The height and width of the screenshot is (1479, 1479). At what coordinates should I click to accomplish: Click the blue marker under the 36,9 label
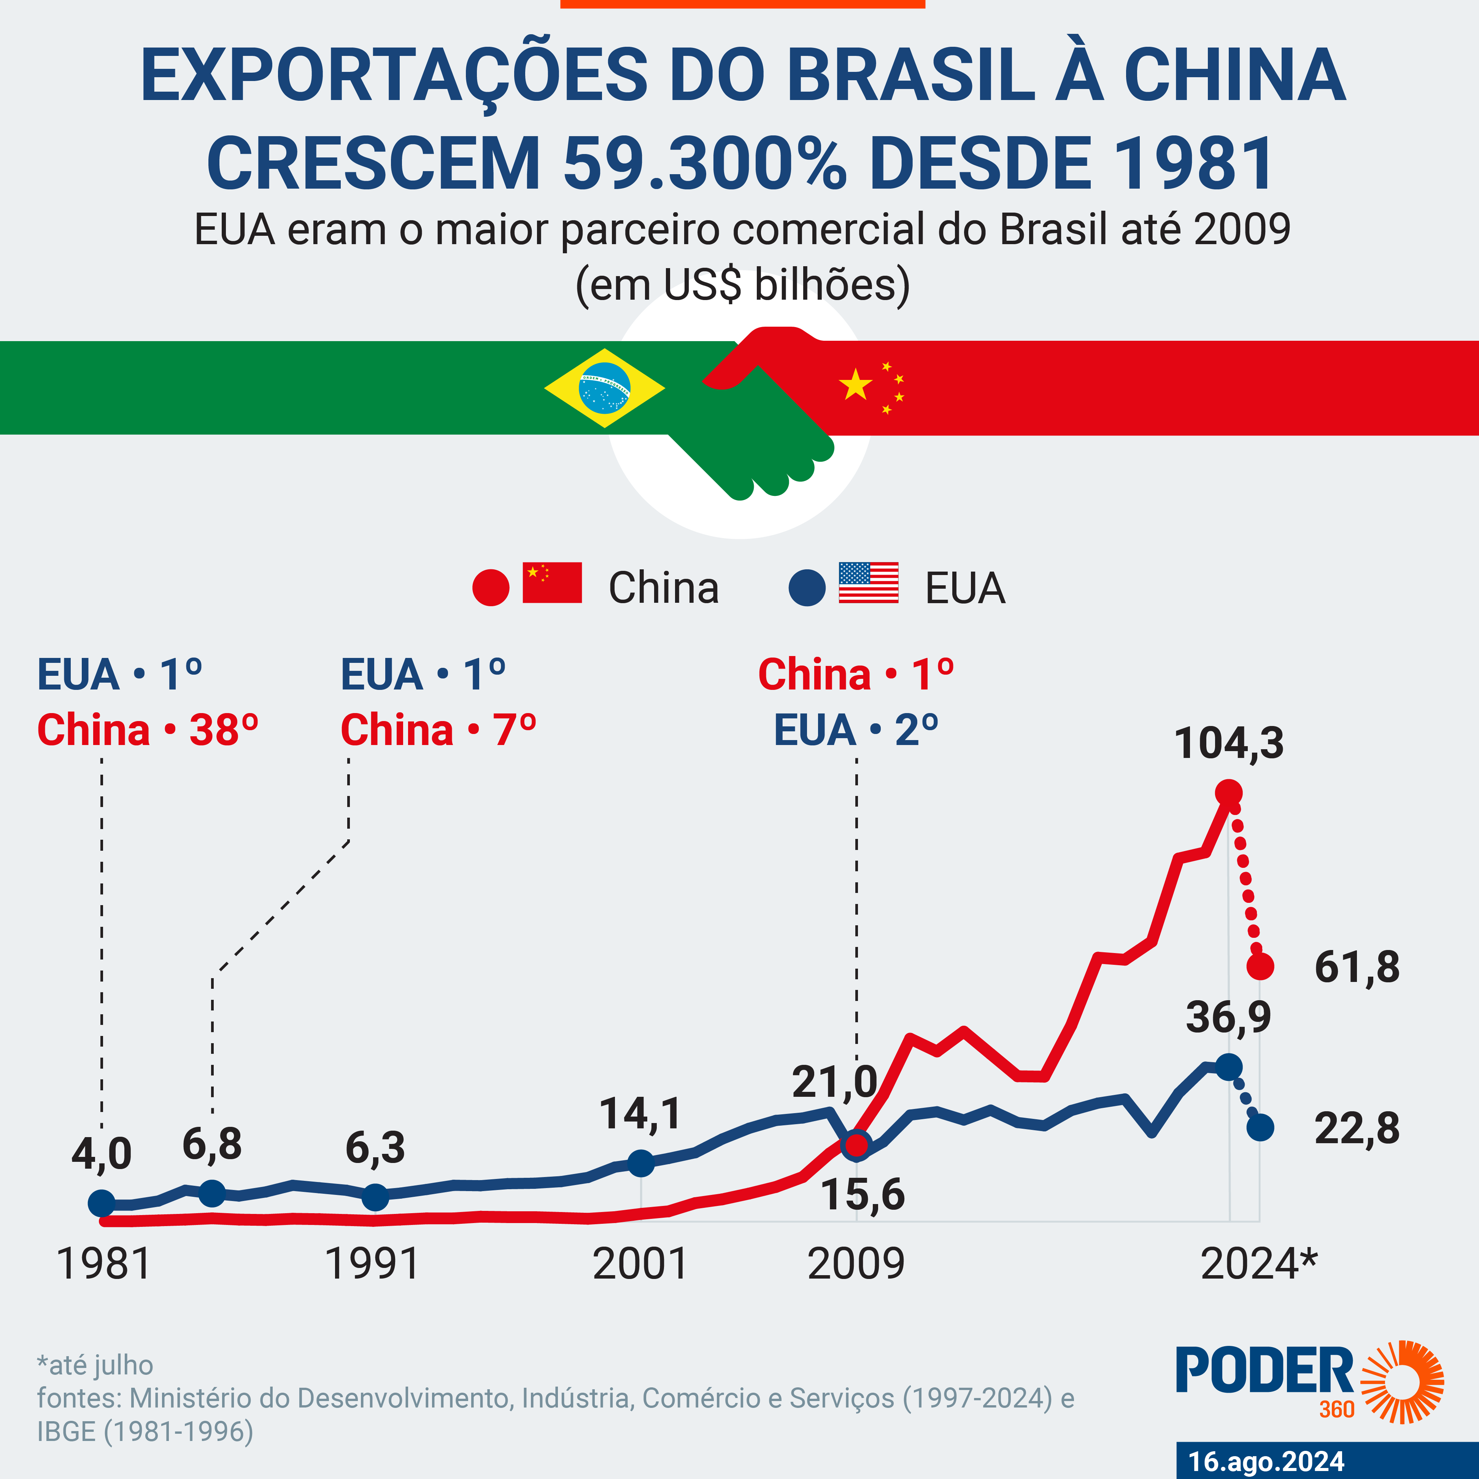tap(1229, 1066)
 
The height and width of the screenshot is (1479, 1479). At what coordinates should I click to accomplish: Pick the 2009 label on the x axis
tap(856, 1264)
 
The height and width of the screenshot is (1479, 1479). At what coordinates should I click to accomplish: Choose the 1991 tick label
tap(373, 1264)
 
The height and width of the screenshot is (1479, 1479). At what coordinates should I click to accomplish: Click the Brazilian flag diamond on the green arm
tap(605, 388)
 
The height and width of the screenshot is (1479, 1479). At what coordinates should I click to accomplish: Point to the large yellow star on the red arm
tap(855, 385)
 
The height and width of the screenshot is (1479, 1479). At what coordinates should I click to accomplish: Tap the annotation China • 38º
tap(148, 729)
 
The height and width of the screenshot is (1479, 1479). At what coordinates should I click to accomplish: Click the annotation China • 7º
tap(438, 729)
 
